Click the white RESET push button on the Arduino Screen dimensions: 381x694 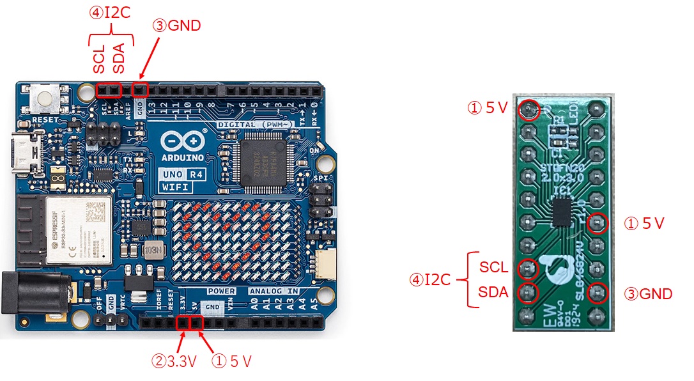[45, 99]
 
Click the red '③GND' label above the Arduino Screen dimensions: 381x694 [176, 26]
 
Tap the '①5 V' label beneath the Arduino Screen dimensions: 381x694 [231, 362]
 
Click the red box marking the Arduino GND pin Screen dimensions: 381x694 [140, 90]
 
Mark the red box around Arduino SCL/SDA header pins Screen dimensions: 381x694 [109, 90]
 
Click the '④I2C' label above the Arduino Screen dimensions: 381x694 [111, 12]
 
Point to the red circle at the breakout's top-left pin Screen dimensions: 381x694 [528, 109]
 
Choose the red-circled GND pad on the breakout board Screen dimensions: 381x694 [598, 293]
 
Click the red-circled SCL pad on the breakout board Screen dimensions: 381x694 [528, 268]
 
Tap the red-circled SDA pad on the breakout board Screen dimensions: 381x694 [528, 293]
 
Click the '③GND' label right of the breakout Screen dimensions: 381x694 [649, 294]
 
